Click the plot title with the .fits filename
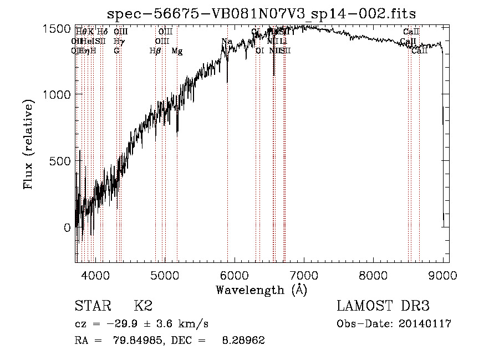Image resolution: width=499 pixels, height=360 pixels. (x=261, y=13)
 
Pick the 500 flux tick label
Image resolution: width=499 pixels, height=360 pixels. (x=60, y=161)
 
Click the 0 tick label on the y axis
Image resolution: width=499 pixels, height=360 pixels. (x=67, y=227)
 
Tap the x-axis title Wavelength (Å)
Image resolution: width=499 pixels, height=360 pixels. (x=261, y=290)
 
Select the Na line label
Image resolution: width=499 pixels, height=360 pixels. (x=226, y=42)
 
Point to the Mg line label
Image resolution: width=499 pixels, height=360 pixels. (x=177, y=51)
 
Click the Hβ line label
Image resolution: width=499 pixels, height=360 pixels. (x=155, y=51)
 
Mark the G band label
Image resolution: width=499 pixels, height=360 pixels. (x=116, y=51)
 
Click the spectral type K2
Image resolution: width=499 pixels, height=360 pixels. (x=143, y=306)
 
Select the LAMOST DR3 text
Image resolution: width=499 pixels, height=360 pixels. (x=383, y=306)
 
